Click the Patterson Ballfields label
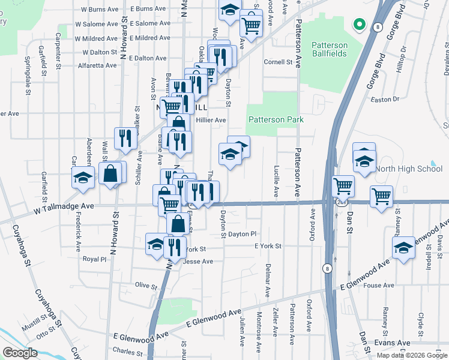(330, 50)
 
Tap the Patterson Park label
(276, 119)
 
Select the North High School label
(412, 169)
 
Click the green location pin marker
(359, 25)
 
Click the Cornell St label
(278, 62)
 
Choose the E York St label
(268, 246)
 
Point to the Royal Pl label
(94, 259)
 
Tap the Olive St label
(146, 285)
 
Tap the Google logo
(20, 352)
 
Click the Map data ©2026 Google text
(412, 355)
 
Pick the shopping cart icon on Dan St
(343, 185)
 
